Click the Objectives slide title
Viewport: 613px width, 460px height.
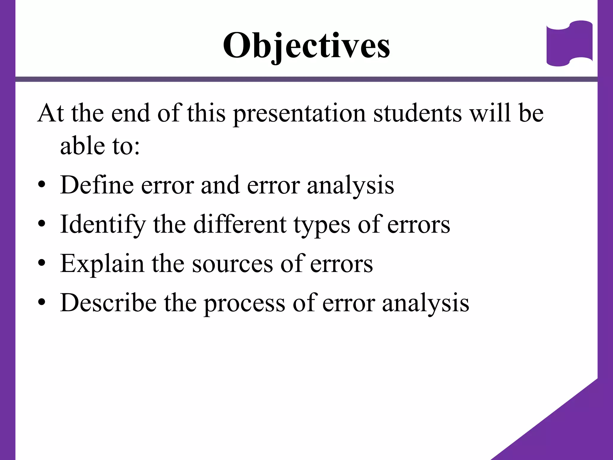pos(306,46)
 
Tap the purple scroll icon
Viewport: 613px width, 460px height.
pos(569,43)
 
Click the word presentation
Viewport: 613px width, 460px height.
pos(299,114)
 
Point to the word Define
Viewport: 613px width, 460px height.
pos(97,185)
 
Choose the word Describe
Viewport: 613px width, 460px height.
pos(108,303)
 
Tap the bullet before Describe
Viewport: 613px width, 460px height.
pos(42,302)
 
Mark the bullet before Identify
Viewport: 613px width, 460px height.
pos(42,224)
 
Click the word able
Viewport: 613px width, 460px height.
pos(82,146)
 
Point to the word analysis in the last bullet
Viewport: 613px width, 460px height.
pos(426,303)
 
